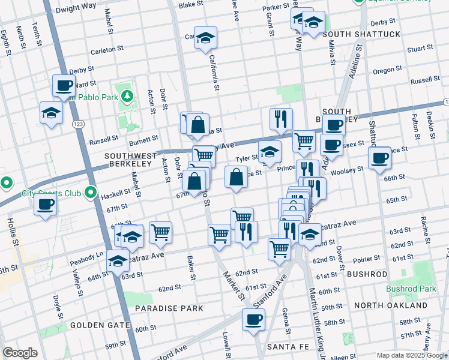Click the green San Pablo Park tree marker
click(x=127, y=96)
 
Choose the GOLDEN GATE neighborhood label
click(x=100, y=325)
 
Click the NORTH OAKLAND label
click(x=391, y=305)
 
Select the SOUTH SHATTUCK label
click(x=361, y=34)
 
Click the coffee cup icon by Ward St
click(x=63, y=85)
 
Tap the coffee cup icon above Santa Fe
click(x=253, y=319)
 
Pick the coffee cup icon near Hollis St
click(x=45, y=205)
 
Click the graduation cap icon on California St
click(x=205, y=38)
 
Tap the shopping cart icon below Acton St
click(x=160, y=232)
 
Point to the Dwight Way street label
click(x=76, y=10)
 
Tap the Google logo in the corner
click(x=19, y=353)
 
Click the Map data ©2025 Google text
click(x=411, y=355)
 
